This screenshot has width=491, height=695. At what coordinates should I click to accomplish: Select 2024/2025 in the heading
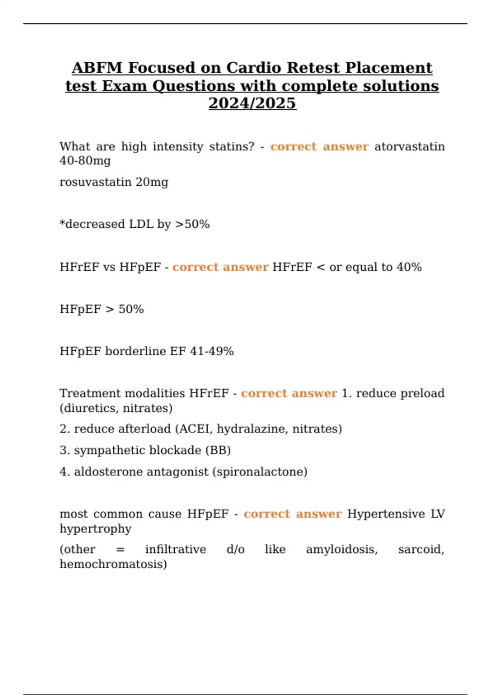tap(252, 103)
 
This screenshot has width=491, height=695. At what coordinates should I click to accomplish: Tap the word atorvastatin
tap(409, 146)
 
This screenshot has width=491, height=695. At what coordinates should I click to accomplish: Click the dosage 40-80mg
tap(85, 160)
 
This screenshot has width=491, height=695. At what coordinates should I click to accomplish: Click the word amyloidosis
tap(342, 549)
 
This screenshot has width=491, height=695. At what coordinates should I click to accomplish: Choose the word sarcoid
tap(421, 549)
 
